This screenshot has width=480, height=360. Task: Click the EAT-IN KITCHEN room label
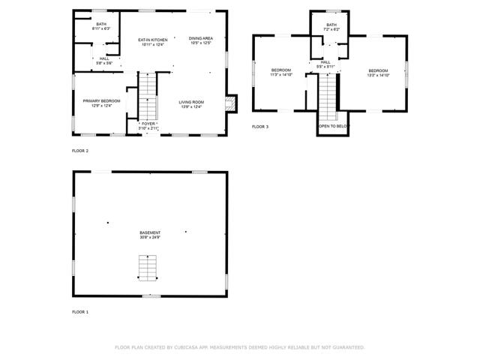click(152, 39)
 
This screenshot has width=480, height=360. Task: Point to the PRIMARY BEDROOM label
click(101, 100)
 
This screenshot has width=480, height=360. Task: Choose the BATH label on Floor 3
click(331, 25)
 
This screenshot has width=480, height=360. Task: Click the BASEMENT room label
click(150, 232)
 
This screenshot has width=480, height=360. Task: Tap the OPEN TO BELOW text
click(333, 127)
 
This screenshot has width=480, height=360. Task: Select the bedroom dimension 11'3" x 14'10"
click(280, 75)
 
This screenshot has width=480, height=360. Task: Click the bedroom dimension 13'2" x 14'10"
click(377, 75)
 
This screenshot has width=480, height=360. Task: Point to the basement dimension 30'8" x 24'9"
click(150, 238)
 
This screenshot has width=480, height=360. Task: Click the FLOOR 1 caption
click(80, 311)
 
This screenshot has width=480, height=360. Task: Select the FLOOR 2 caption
click(80, 151)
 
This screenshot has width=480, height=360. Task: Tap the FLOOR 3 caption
click(260, 127)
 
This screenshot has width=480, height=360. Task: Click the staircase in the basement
click(148, 266)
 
